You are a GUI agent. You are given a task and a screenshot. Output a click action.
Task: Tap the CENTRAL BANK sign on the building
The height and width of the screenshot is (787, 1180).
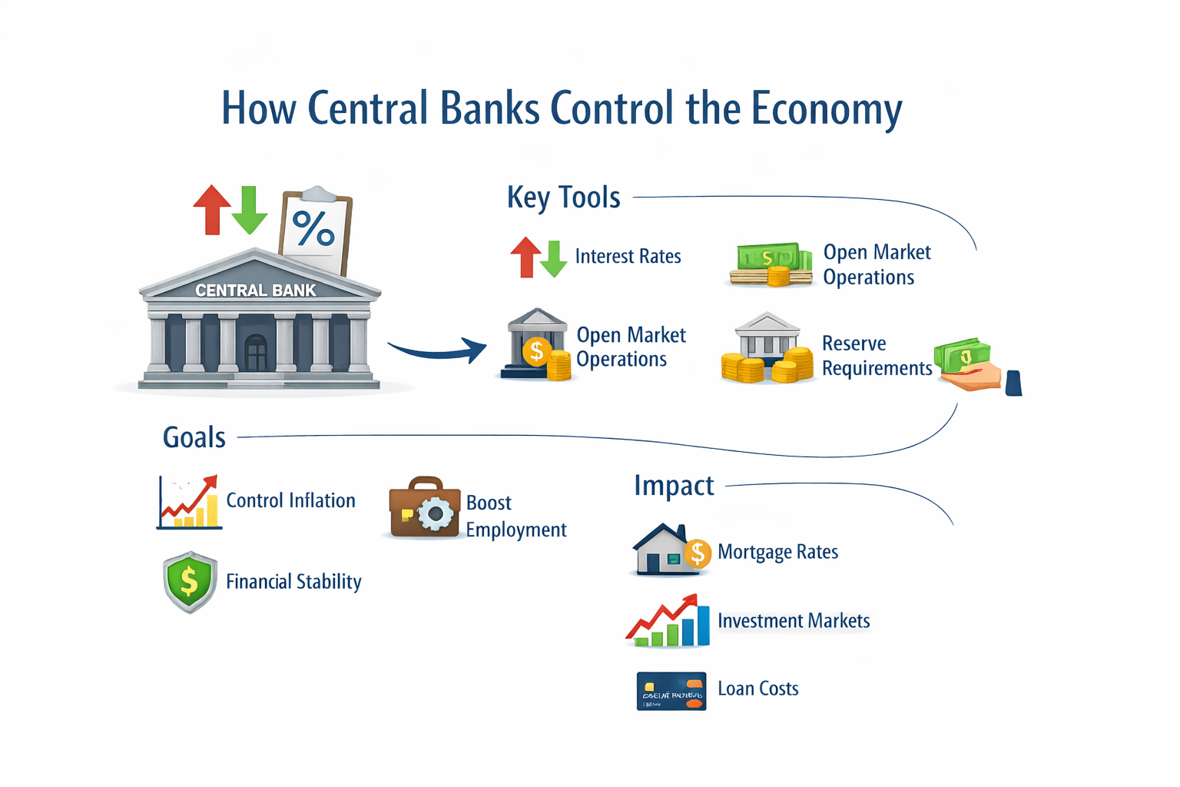(255, 291)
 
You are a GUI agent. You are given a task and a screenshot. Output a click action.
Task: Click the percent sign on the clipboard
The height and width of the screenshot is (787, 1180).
(313, 228)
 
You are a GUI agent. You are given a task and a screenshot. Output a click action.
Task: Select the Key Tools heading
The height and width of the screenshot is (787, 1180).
(563, 198)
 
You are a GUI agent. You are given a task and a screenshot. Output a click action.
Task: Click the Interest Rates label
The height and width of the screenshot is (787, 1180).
(628, 256)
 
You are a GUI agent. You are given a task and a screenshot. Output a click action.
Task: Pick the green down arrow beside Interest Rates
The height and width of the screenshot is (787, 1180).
(554, 259)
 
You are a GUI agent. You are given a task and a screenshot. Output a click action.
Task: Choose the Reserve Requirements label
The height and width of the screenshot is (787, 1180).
(876, 356)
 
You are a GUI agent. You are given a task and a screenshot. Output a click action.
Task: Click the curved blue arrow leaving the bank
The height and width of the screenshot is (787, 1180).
(438, 351)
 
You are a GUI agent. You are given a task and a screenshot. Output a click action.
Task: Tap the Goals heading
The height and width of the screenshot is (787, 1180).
(194, 437)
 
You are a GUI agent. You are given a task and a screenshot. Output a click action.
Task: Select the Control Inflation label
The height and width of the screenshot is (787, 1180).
(290, 500)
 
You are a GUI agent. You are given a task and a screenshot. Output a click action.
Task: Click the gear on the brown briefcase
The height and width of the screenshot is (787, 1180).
(436, 514)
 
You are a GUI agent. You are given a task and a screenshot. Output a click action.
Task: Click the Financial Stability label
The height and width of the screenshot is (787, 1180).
(293, 582)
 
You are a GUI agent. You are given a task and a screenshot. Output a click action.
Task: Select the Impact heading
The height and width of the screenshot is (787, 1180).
(674, 486)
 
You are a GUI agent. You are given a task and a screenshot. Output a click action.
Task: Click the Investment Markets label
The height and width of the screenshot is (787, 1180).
(794, 621)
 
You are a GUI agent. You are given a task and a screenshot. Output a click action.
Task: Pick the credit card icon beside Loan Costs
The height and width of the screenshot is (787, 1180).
(671, 691)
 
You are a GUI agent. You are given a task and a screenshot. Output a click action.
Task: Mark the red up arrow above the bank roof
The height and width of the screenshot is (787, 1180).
(212, 208)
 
